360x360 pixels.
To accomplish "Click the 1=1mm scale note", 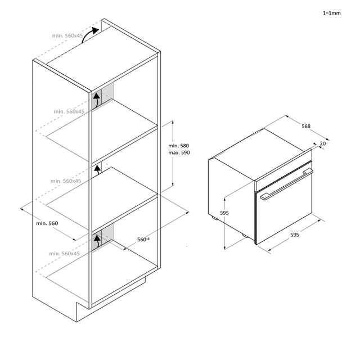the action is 331,13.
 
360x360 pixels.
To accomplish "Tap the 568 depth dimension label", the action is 306,126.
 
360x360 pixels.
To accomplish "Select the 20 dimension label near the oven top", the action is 322,143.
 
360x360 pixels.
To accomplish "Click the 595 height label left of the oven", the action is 224,213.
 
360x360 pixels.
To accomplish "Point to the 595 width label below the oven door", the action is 295,235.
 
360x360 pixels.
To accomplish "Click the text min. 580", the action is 179,146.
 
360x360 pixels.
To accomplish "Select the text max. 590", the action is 179,152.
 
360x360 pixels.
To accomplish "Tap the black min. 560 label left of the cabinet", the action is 47,223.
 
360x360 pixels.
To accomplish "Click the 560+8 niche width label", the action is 143,240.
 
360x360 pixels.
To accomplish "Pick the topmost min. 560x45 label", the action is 67,35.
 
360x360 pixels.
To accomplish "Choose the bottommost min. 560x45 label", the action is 64,254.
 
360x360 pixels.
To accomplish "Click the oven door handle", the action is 286,184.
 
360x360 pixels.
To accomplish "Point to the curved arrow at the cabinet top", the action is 90,35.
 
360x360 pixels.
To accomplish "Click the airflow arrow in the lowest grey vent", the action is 97,241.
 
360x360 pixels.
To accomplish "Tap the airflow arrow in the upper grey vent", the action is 97,100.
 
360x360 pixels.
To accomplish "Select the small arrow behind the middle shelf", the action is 97,169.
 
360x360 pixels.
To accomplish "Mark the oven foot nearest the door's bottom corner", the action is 244,235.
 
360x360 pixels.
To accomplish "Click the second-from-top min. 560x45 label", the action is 69,111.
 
